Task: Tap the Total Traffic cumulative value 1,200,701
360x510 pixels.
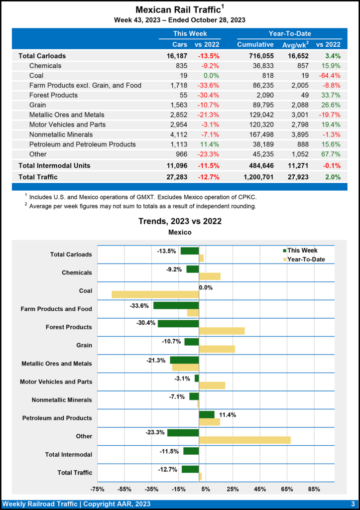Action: click(255, 177)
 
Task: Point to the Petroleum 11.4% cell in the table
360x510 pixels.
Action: click(210, 144)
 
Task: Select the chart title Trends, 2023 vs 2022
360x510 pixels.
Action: click(180, 221)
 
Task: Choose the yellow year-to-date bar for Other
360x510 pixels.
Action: click(244, 440)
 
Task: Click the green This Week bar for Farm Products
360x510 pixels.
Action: click(176, 305)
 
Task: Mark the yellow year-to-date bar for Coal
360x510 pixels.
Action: click(155, 294)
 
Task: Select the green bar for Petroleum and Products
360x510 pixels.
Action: click(207, 414)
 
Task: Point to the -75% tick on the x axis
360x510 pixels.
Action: click(97, 489)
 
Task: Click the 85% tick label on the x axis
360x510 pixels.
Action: click(314, 489)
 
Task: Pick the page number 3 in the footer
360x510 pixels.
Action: click(352, 504)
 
